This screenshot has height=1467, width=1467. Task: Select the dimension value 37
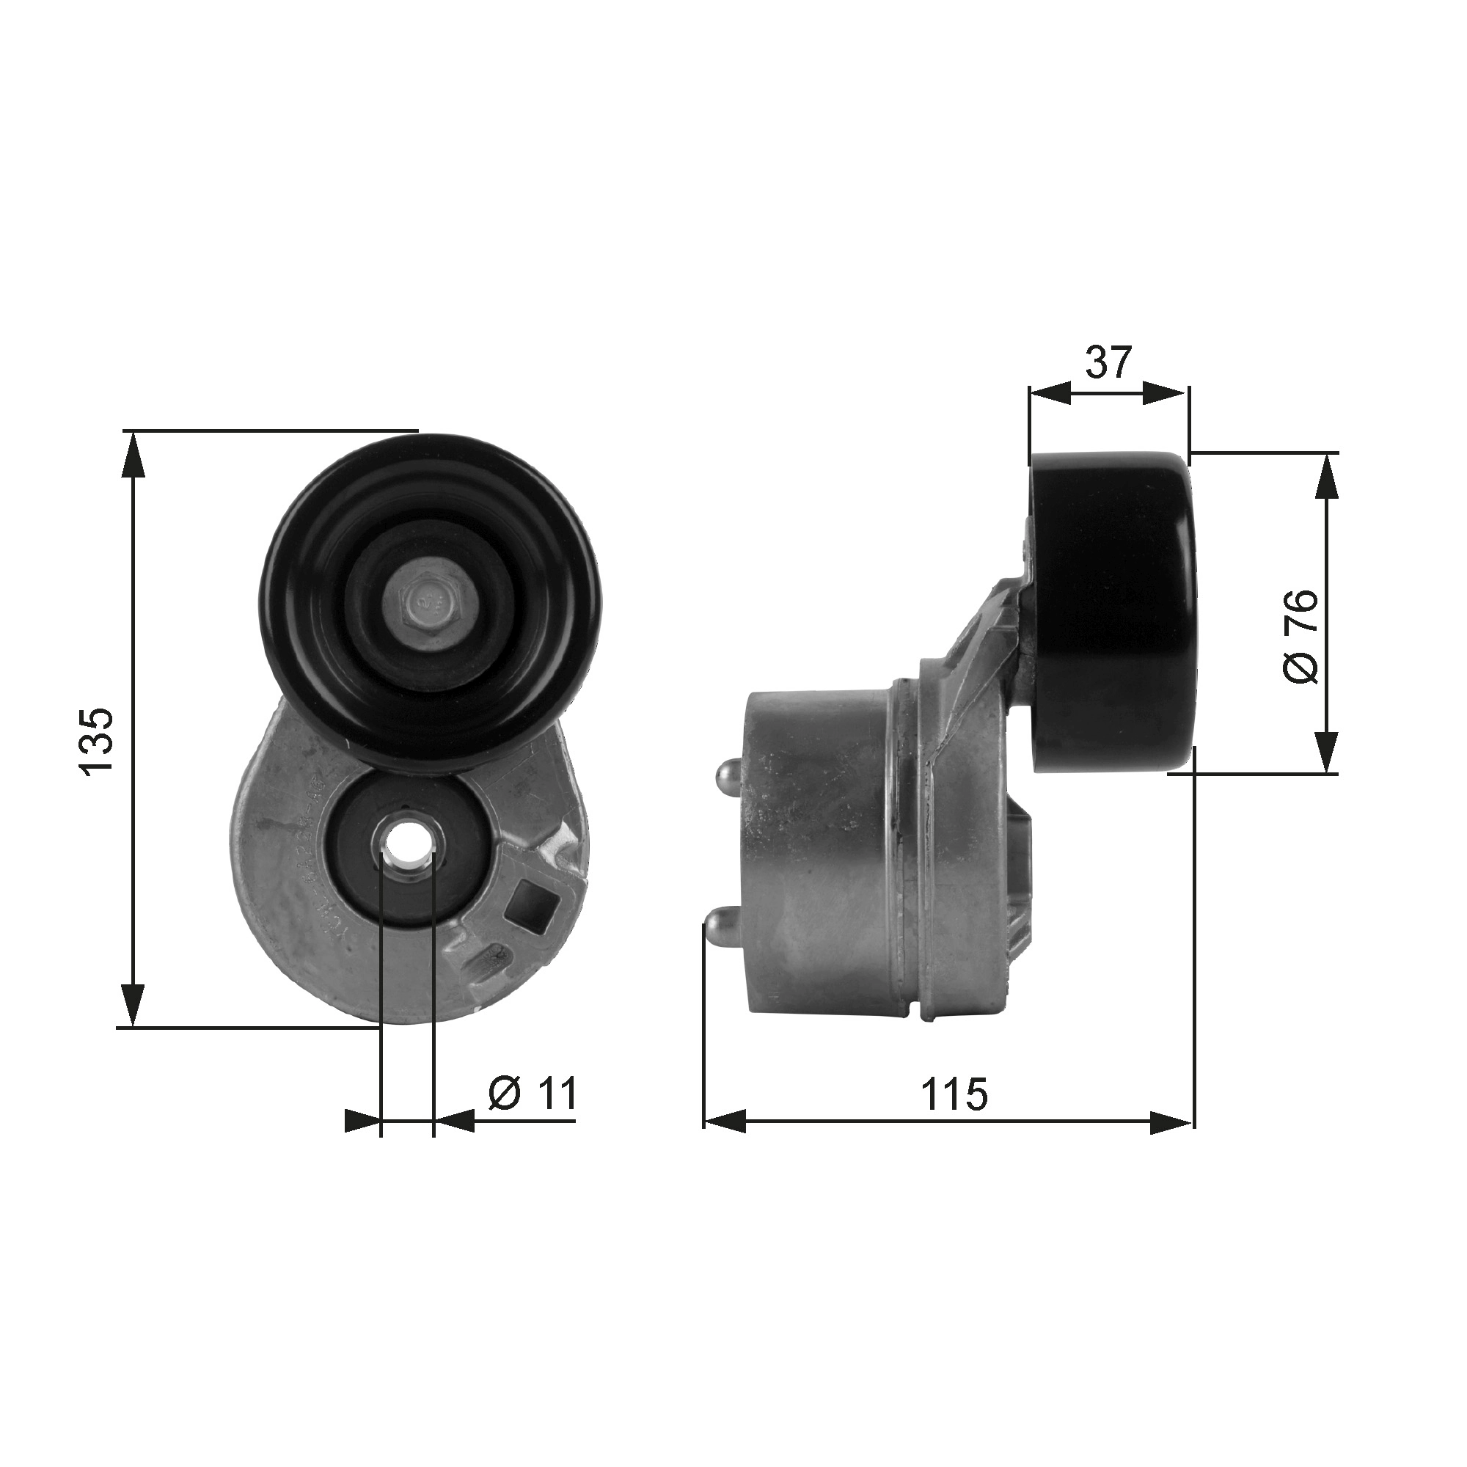pyautogui.click(x=1108, y=362)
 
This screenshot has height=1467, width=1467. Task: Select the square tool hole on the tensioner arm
pyautogui.click(x=535, y=904)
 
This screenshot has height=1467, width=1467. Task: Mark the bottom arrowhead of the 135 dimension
pyautogui.click(x=133, y=1005)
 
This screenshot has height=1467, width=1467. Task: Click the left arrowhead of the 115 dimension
pyautogui.click(x=725, y=1122)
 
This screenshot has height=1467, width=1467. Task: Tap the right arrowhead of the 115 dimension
pyautogui.click(x=1171, y=1122)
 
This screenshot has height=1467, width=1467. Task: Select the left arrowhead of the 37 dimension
pyautogui.click(x=1050, y=392)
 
